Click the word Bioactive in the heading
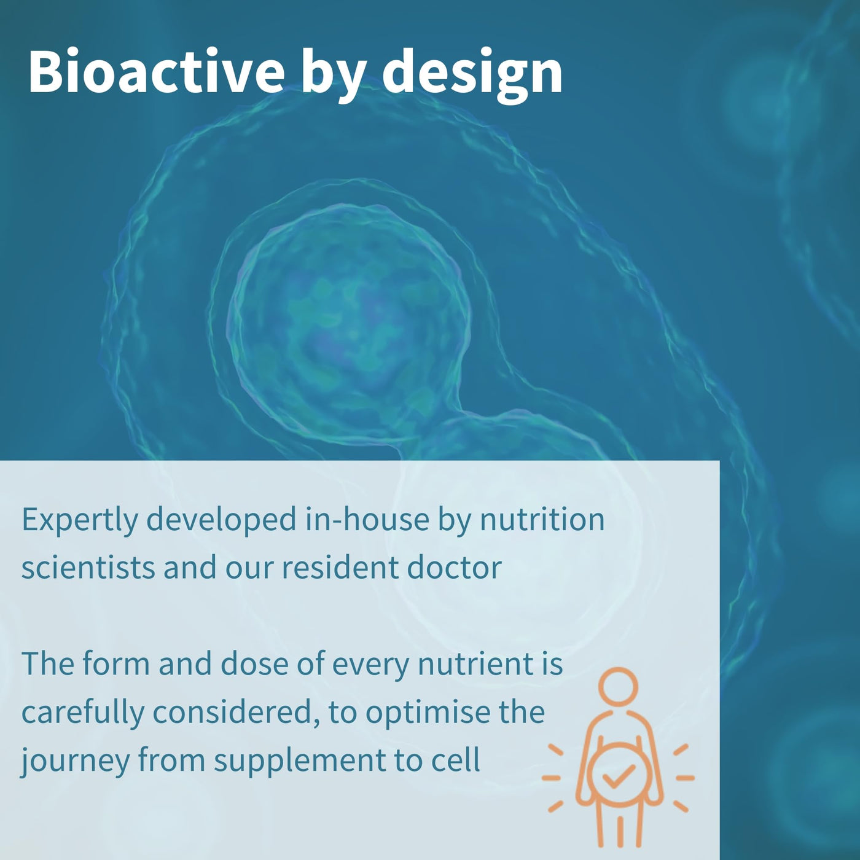click(x=156, y=71)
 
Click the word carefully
click(x=82, y=713)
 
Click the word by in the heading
click(x=333, y=76)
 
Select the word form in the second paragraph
click(x=115, y=663)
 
